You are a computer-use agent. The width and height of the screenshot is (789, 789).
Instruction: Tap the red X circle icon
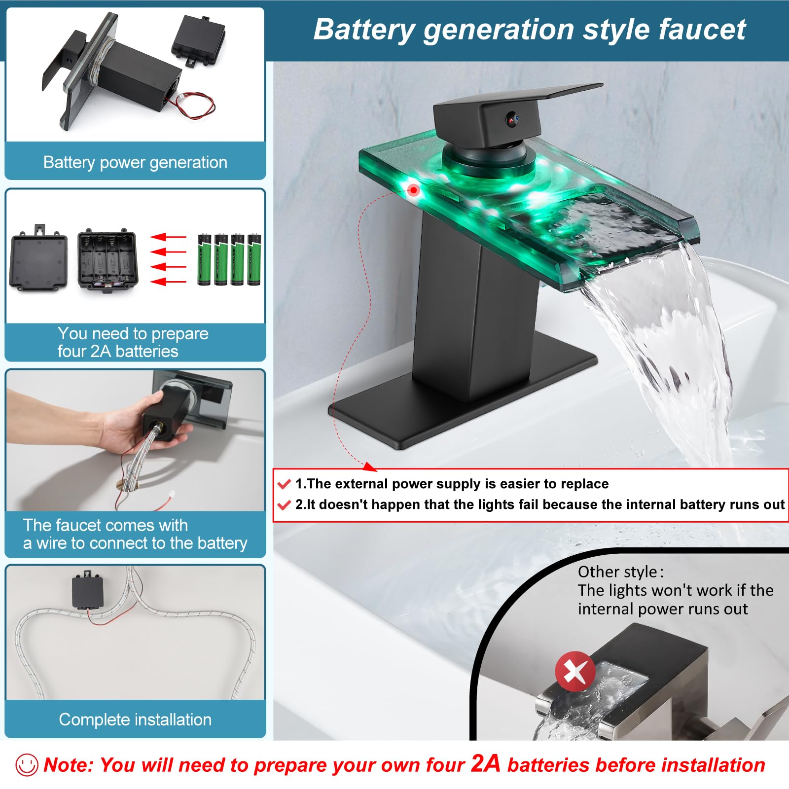point(575,671)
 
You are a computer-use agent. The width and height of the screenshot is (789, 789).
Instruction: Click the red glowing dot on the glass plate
point(414,190)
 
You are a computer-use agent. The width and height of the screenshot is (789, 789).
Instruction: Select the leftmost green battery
point(204,259)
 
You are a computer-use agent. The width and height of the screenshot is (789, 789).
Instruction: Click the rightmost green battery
point(254,259)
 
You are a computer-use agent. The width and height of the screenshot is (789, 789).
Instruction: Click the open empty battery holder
point(108,260)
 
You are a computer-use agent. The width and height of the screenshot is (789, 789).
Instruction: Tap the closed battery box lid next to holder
point(38,260)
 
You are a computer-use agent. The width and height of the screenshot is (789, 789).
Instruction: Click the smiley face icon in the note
point(27,765)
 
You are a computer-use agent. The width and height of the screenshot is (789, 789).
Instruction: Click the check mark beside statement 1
point(284,484)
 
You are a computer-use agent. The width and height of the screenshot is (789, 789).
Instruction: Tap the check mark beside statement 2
point(284,505)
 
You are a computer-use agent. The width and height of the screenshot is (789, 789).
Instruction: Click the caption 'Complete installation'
point(135,719)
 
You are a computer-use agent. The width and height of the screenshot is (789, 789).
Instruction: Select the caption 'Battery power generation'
point(135,162)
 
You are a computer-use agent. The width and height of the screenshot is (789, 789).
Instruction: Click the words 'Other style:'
point(620,572)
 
